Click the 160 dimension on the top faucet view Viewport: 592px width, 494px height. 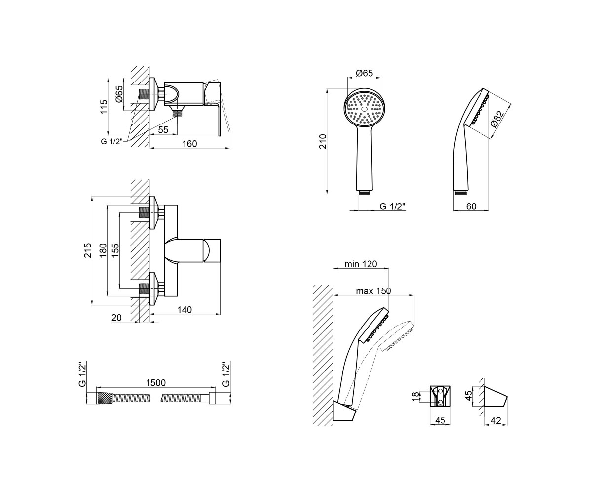[189, 144]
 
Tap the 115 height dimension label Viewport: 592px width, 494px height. [104, 107]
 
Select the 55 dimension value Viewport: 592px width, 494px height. [163, 130]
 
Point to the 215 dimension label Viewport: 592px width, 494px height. [88, 250]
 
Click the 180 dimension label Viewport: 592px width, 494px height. [103, 250]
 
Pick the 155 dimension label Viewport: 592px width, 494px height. [115, 250]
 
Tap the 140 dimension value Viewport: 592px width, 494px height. [185, 309]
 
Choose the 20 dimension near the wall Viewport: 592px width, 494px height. [116, 318]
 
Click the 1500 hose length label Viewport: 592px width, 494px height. [156, 383]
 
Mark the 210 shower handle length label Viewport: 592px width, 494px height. [323, 141]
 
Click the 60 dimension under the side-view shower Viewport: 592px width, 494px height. [471, 206]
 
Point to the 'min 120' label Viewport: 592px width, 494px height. [361, 264]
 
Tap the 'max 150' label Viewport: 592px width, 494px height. [373, 291]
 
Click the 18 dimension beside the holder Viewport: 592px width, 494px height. [414, 396]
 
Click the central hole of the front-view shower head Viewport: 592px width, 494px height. [365, 109]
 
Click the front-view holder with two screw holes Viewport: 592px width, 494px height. [440, 396]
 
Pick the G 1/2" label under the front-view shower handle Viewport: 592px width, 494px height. [392, 206]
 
